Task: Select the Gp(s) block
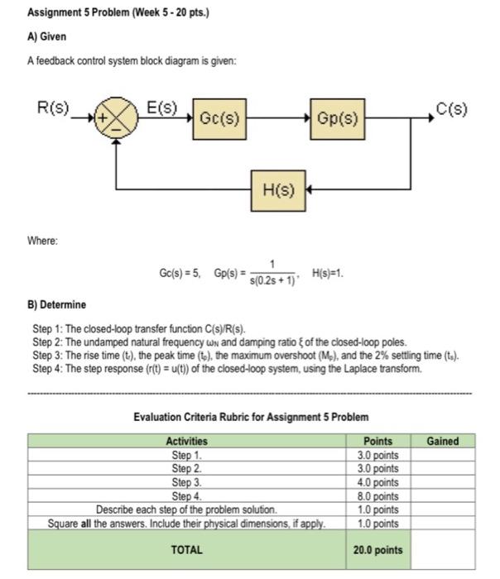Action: [336, 117]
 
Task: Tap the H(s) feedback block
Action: [278, 189]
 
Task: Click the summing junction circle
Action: [117, 118]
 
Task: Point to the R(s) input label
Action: [55, 108]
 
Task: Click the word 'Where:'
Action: [43, 242]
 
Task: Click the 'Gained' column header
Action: [442, 441]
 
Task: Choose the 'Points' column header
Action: [378, 441]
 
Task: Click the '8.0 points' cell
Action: [378, 495]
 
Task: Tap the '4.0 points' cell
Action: [378, 481]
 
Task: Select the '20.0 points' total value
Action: [378, 550]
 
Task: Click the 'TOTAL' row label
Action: [187, 549]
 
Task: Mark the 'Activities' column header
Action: [187, 441]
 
